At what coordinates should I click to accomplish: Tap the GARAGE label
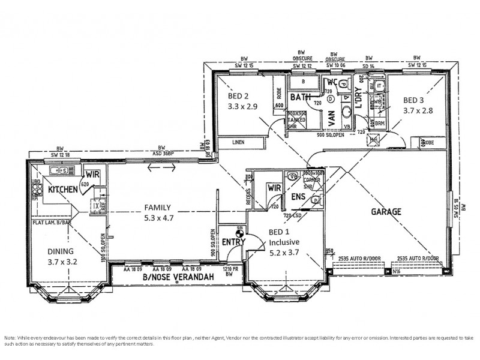(x=386, y=212)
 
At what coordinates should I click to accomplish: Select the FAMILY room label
(x=158, y=208)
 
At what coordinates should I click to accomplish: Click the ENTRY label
(x=233, y=241)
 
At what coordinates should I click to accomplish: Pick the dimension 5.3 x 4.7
(x=159, y=218)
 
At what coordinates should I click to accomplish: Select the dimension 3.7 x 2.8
(x=418, y=111)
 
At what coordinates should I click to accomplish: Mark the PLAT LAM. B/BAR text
(x=52, y=222)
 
